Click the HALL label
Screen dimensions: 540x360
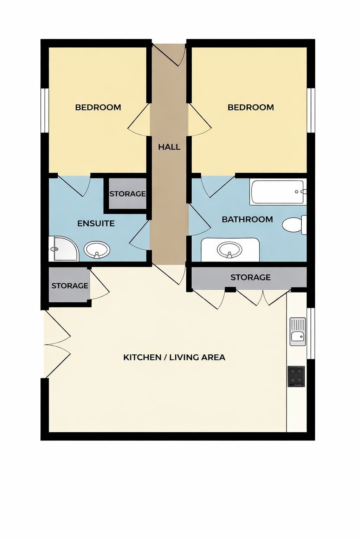click(x=169, y=147)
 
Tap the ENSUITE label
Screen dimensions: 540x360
click(x=96, y=224)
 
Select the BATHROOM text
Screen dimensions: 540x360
click(x=247, y=219)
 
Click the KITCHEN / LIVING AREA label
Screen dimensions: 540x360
click(x=174, y=358)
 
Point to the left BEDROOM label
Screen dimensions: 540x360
click(x=98, y=108)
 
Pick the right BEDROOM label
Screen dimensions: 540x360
click(x=251, y=108)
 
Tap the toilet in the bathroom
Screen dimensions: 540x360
click(x=294, y=225)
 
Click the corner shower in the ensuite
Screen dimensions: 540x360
click(x=63, y=249)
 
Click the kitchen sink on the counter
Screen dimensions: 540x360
click(x=297, y=332)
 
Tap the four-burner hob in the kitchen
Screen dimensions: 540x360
click(x=296, y=376)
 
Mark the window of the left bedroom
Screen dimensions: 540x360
click(x=44, y=110)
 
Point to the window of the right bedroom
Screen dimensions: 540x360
click(x=311, y=110)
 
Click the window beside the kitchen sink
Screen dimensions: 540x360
click(x=311, y=333)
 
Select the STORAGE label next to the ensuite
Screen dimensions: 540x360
click(x=127, y=194)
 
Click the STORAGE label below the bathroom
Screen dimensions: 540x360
click(x=250, y=277)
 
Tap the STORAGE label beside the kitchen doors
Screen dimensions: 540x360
click(x=70, y=286)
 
